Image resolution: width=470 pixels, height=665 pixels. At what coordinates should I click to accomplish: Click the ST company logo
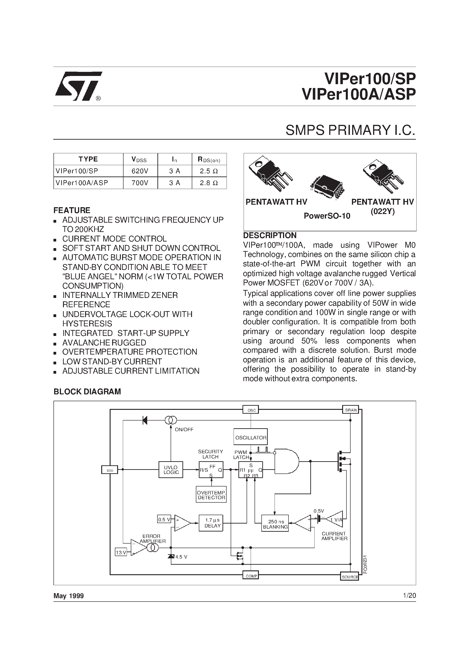click(78, 86)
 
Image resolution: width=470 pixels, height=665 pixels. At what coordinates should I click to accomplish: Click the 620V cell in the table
click(140, 171)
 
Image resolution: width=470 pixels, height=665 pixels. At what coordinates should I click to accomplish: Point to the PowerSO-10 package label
click(327, 216)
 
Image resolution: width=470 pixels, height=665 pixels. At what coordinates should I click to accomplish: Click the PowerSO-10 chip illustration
click(327, 186)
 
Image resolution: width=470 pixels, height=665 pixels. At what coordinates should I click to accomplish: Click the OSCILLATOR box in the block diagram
click(251, 438)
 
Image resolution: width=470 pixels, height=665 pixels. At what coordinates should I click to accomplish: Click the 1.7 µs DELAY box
click(211, 523)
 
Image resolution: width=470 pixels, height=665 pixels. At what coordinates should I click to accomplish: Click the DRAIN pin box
click(351, 410)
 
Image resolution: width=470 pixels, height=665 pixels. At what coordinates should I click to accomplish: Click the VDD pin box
click(109, 469)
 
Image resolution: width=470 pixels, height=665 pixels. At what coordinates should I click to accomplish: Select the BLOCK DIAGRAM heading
click(87, 392)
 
